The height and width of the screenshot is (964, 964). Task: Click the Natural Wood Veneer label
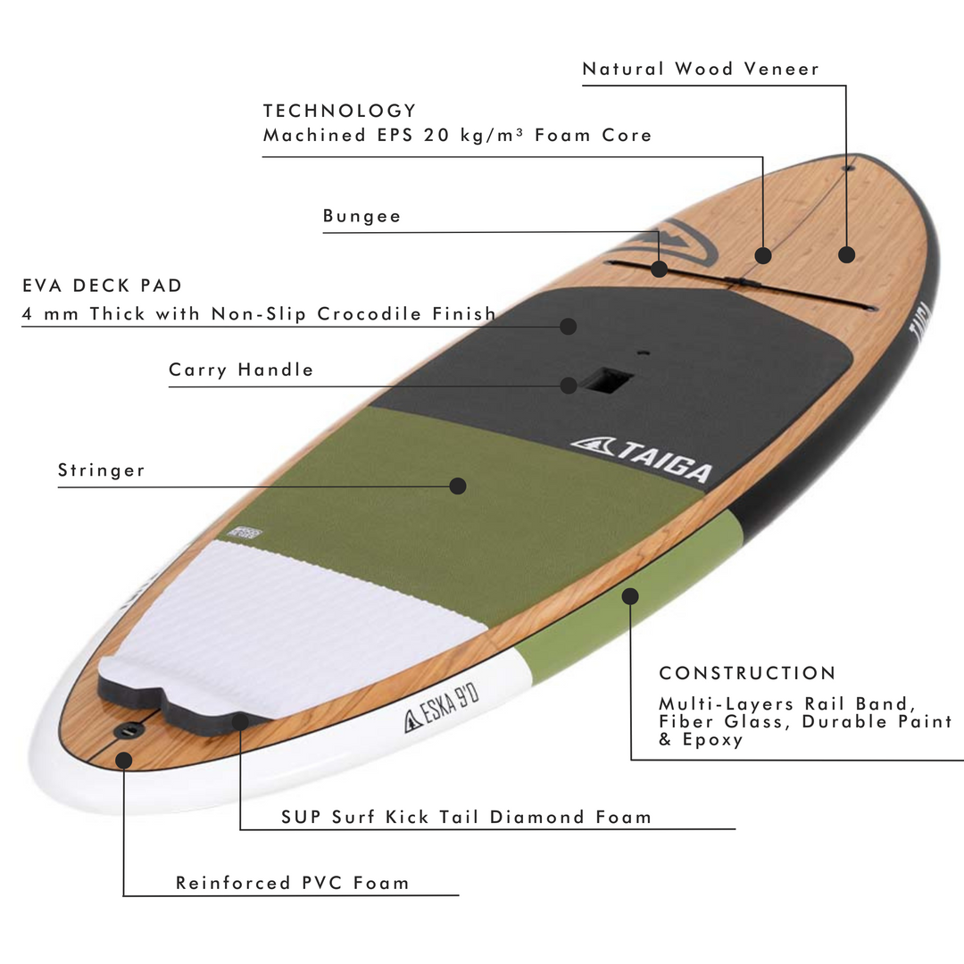click(701, 69)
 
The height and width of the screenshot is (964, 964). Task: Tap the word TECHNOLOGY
click(340, 111)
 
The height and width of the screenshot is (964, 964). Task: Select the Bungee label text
click(361, 216)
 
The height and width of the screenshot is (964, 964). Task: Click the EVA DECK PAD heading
click(102, 286)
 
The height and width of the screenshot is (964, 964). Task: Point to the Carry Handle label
click(241, 370)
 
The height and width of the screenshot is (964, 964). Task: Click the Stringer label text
click(102, 470)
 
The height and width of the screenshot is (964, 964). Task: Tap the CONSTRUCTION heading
click(748, 673)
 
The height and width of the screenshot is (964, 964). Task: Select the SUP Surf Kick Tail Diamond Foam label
click(466, 817)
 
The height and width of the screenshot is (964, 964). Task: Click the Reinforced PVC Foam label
click(292, 883)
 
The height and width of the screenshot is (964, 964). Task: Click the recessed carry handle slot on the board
click(607, 380)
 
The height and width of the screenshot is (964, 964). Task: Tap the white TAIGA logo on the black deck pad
click(641, 460)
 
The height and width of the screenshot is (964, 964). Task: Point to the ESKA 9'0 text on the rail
click(442, 710)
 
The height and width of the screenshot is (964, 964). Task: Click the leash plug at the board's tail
click(129, 730)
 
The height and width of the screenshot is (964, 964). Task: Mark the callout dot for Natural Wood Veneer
click(846, 254)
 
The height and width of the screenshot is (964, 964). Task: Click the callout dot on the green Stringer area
click(457, 486)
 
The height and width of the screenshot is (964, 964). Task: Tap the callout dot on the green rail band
click(630, 596)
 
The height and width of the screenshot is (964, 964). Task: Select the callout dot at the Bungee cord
click(659, 269)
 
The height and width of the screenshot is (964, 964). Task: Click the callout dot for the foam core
click(763, 255)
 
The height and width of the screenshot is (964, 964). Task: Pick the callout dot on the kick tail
click(240, 721)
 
